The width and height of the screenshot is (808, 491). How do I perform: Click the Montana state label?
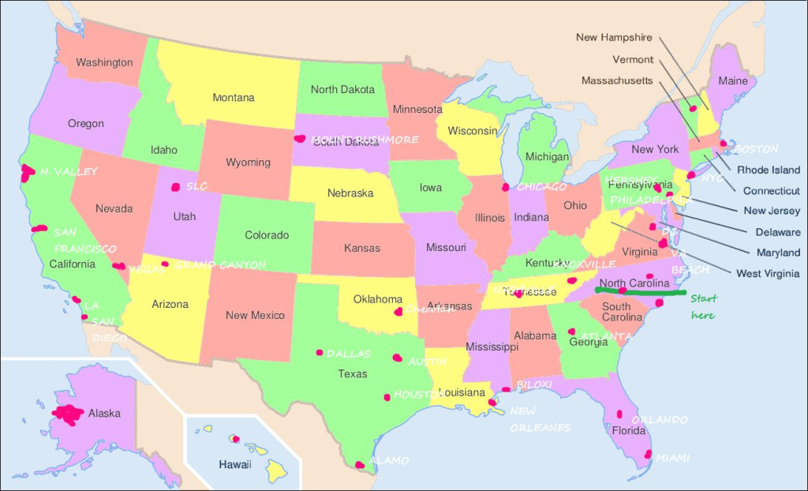[x=234, y=98]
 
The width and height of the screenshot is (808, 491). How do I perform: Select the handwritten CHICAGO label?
[x=541, y=187]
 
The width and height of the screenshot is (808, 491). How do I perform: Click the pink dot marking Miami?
[x=648, y=454]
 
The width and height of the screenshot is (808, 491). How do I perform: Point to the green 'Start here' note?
[x=702, y=307]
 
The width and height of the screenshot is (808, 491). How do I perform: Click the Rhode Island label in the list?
[x=769, y=170]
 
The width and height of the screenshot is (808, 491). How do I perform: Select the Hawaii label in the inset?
[x=235, y=464]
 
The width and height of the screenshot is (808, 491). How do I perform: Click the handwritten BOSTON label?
[x=756, y=148]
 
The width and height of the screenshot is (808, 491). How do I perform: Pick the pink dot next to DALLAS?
[x=320, y=353]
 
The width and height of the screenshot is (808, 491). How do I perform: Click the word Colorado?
[x=267, y=235]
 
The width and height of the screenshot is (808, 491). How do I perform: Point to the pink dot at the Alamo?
[x=360, y=465]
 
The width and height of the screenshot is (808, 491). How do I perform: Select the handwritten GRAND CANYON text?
[x=220, y=265]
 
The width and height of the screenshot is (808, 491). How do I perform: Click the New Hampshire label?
[x=614, y=37]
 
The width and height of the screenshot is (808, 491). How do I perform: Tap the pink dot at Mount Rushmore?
[x=299, y=138]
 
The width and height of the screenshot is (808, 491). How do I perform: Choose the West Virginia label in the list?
[x=768, y=274]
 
